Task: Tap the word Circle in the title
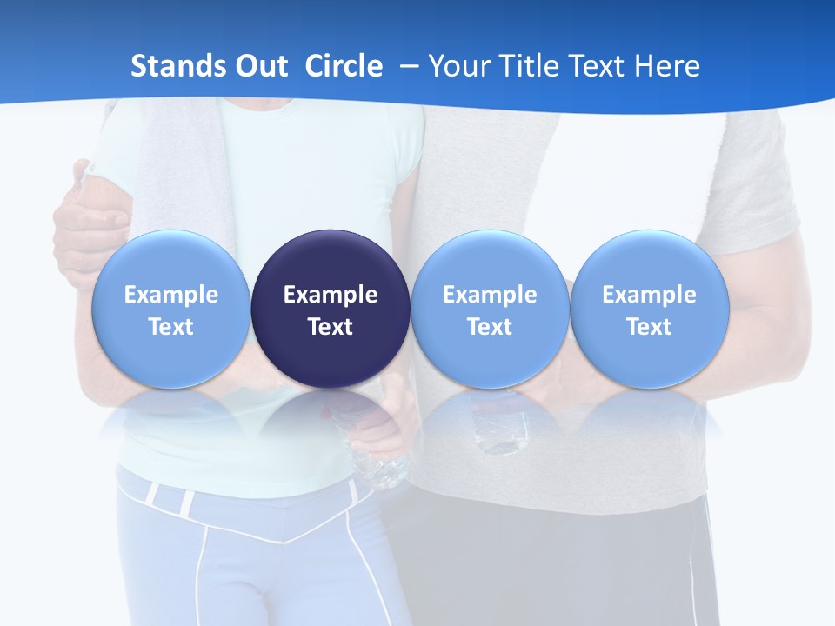pyautogui.click(x=344, y=66)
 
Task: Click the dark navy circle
pyautogui.click(x=331, y=309)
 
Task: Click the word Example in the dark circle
pyautogui.click(x=331, y=295)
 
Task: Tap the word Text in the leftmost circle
pyautogui.click(x=170, y=327)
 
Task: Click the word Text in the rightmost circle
pyautogui.click(x=649, y=327)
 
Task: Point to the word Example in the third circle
pyautogui.click(x=490, y=295)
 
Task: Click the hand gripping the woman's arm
pyautogui.click(x=87, y=217)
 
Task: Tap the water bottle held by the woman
pyautogui.click(x=374, y=452)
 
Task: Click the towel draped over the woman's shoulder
pyautogui.click(x=178, y=165)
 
